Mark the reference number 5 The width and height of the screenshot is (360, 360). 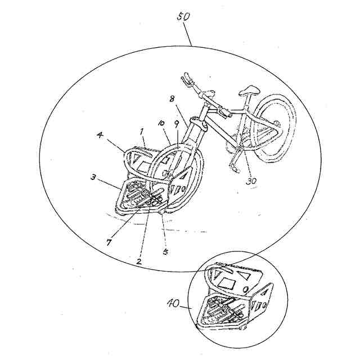click(x=165, y=251)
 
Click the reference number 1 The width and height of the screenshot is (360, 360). click(x=142, y=130)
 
